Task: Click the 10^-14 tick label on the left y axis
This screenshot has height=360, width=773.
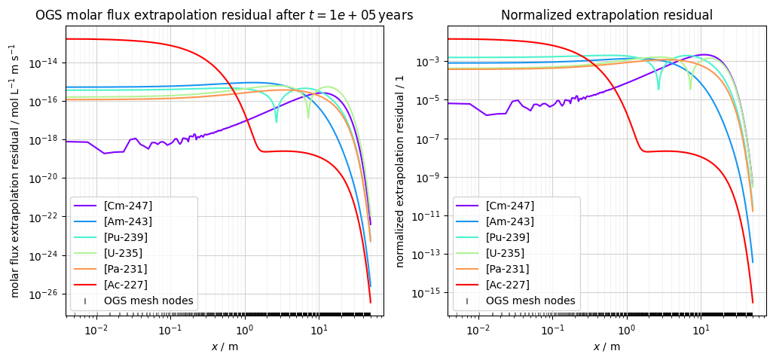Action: coord(44,63)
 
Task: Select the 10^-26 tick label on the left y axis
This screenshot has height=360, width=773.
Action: coord(44,294)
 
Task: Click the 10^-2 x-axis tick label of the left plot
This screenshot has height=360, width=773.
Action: coord(96,330)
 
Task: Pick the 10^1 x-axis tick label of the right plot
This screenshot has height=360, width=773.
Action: coord(701,330)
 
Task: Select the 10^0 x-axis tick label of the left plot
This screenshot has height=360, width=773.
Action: coord(244,330)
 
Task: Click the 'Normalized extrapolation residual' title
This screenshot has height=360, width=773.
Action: coord(606,15)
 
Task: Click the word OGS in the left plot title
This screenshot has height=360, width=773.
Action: coord(49,15)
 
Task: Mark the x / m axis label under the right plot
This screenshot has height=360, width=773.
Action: coord(606,346)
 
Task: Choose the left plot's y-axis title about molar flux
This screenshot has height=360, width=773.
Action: coord(13,170)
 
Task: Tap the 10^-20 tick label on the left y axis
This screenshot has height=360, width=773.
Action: coord(44,178)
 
